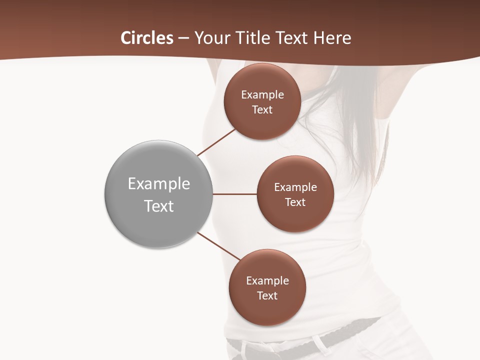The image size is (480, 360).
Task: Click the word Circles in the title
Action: pos(147,38)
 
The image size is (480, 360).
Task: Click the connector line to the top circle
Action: pos(216,142)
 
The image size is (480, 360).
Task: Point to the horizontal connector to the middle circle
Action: pos(234,194)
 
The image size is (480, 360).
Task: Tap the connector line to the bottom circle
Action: pos(219,246)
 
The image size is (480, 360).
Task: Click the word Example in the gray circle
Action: pos(159,184)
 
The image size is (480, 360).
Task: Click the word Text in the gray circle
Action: pos(159,206)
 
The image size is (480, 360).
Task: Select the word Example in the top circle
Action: pos(262,95)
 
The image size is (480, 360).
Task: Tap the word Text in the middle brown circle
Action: pos(295,202)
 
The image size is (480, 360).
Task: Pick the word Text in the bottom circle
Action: pos(267,296)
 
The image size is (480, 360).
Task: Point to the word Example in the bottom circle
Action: pos(267,281)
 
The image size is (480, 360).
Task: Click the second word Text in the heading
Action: pos(291,38)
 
